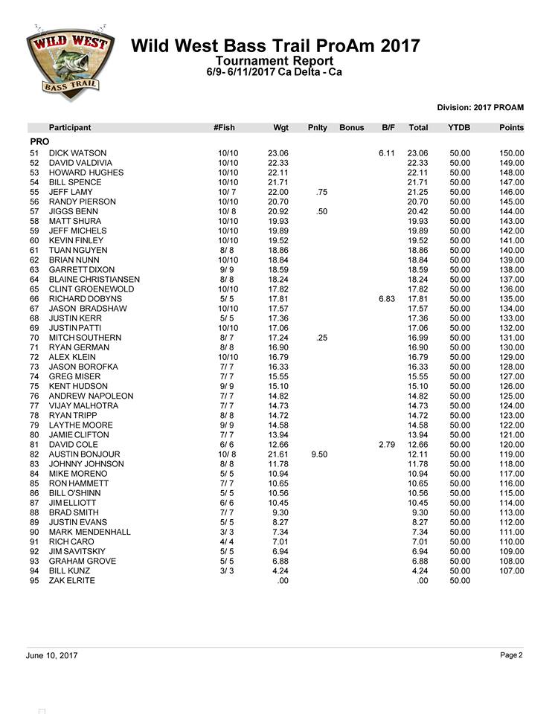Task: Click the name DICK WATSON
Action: tap(77, 153)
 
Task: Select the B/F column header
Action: tap(388, 128)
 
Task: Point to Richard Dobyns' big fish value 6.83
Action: tap(386, 298)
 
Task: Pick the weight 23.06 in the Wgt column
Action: tap(277, 153)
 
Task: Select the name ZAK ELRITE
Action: tap(72, 580)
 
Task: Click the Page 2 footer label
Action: tap(512, 655)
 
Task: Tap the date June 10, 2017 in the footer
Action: tap(51, 656)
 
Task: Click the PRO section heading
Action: tap(39, 141)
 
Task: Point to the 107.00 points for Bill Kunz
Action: tap(510, 571)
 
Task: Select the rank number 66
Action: tap(33, 298)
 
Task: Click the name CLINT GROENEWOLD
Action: tap(92, 289)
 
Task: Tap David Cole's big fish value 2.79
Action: tap(386, 445)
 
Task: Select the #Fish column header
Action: tap(224, 128)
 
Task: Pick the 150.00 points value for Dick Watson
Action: tap(510, 153)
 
